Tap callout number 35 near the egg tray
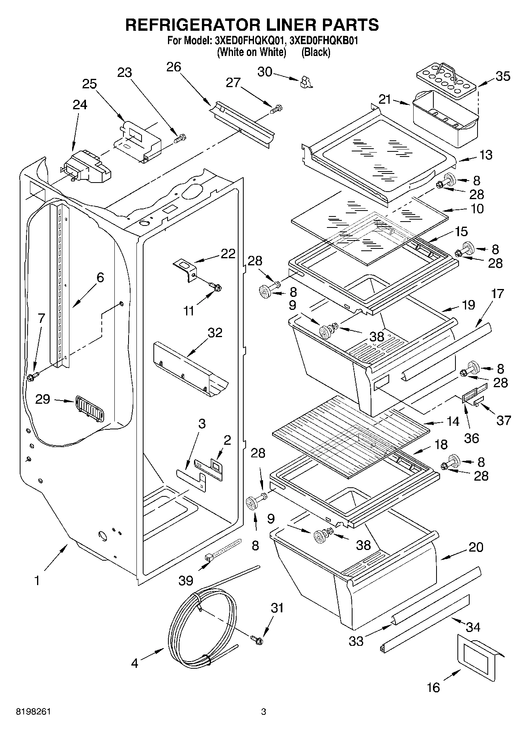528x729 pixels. point(503,76)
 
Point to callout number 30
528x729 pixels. point(265,72)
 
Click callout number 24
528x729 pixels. point(80,105)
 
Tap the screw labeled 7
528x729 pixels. point(32,377)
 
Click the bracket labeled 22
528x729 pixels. point(186,268)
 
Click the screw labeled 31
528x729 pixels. point(257,640)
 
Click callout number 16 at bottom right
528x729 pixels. point(433,688)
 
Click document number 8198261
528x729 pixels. point(33,712)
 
